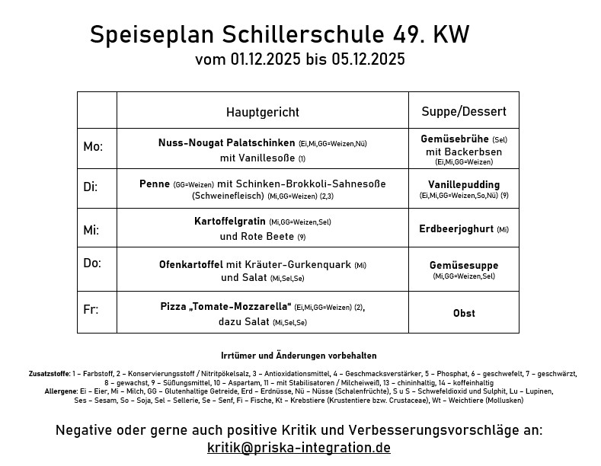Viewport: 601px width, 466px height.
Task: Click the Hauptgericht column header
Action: click(262, 112)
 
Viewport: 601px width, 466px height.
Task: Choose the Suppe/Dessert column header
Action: click(463, 111)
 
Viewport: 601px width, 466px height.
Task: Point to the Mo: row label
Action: click(92, 147)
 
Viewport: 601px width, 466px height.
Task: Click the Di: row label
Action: click(90, 187)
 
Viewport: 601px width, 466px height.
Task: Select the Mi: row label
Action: click(91, 230)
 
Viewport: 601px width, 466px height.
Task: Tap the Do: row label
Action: click(91, 263)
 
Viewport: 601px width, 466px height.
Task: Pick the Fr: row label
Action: click(90, 310)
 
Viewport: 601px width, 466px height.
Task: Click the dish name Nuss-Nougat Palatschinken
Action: click(226, 143)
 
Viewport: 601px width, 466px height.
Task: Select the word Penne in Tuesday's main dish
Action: click(155, 184)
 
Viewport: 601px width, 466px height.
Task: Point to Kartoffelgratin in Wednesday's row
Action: click(230, 221)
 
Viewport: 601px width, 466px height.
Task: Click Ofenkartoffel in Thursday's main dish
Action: click(190, 265)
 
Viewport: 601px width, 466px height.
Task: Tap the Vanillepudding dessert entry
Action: click(463, 184)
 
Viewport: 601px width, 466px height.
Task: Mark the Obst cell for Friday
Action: click(463, 313)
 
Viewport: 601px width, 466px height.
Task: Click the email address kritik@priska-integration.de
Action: click(299, 448)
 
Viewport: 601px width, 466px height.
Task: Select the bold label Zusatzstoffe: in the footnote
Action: click(49, 374)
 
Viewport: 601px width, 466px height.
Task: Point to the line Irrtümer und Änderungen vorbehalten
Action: click(298, 356)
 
